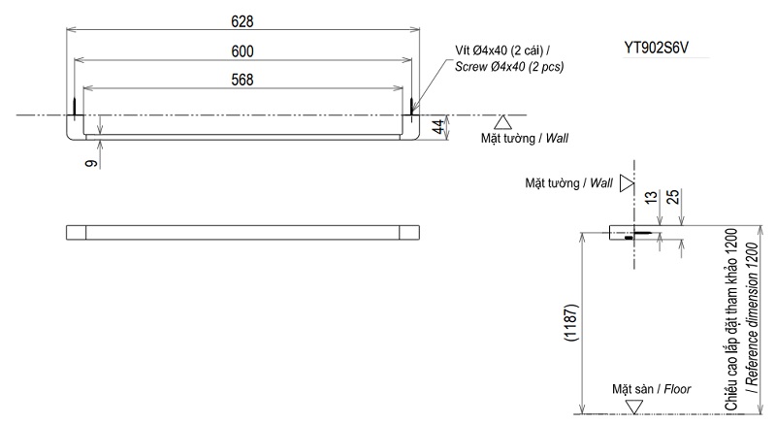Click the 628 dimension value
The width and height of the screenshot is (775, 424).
[243, 20]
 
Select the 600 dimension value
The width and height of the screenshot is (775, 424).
[243, 50]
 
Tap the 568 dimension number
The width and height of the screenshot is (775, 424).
[243, 81]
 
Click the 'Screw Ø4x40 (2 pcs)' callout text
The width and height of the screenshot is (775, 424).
[510, 67]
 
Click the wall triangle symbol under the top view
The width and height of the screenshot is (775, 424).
[502, 122]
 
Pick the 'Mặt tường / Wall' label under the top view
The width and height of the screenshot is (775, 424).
[525, 139]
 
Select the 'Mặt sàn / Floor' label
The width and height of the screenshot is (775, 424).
[650, 388]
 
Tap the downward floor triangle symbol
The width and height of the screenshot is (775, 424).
[634, 407]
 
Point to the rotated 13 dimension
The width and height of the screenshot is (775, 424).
[652, 198]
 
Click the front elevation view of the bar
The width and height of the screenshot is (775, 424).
[243, 232]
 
